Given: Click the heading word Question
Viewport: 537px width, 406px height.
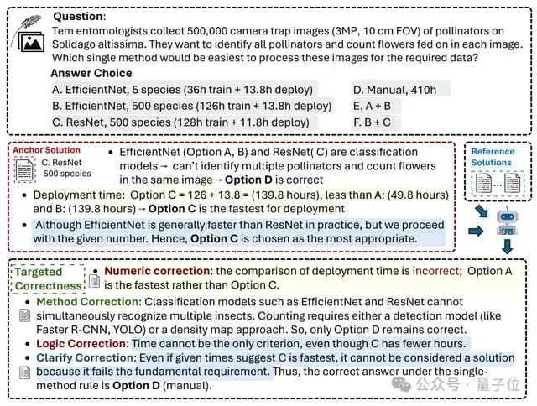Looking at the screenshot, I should click(80, 16).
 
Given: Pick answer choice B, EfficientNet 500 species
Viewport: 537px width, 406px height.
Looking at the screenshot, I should click(192, 106).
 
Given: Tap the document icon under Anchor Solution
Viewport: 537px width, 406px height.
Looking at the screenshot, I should click(24, 169).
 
